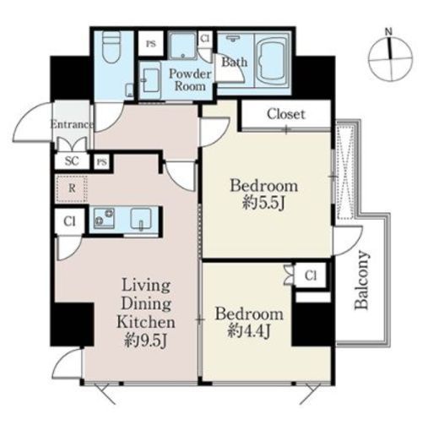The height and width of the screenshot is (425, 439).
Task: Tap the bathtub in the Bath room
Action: point(273,61)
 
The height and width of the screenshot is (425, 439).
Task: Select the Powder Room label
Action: point(190,80)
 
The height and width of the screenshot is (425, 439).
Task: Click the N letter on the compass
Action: point(388,31)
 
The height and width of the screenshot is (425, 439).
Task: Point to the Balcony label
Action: point(361,280)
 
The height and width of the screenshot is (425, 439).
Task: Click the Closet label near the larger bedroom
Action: point(285,114)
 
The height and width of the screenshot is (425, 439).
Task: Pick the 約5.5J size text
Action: point(263,203)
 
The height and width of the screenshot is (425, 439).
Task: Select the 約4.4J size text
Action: point(249,330)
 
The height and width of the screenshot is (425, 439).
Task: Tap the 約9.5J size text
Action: point(146,340)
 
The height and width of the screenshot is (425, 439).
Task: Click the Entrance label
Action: point(72,124)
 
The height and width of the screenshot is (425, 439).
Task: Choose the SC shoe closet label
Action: point(72,161)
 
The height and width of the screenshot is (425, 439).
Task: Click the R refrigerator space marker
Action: point(72,188)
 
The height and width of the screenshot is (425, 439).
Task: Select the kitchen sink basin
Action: point(141,219)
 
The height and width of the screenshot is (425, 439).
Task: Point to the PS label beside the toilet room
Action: point(151,44)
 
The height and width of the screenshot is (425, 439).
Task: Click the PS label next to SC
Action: point(102,162)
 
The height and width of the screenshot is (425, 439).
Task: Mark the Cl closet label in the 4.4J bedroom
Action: point(311,275)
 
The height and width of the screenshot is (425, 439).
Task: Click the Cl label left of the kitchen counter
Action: point(69,221)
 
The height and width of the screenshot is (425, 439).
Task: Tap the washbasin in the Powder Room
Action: point(150,80)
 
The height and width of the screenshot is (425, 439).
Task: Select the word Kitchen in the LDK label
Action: point(146,322)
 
